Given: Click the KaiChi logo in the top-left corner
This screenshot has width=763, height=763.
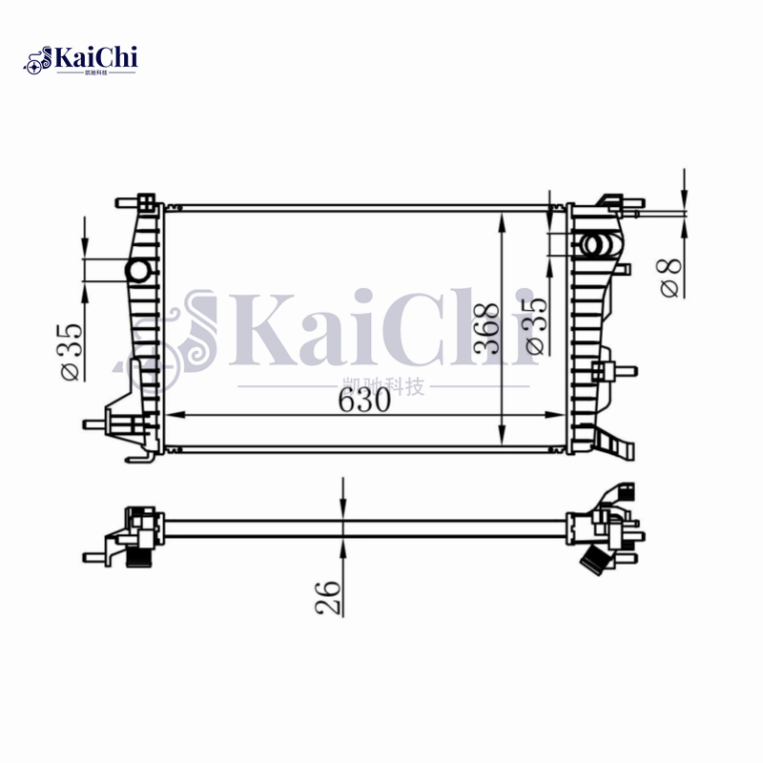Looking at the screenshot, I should [81, 60].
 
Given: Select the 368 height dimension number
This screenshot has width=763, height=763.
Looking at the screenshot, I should [486, 328].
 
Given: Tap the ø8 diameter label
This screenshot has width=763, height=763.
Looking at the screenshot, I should [671, 276].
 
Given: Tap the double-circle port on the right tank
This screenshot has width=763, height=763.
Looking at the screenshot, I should [598, 245].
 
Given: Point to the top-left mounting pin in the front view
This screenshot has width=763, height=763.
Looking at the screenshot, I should [127, 202].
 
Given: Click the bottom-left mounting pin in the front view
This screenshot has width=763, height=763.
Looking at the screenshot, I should [95, 423].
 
